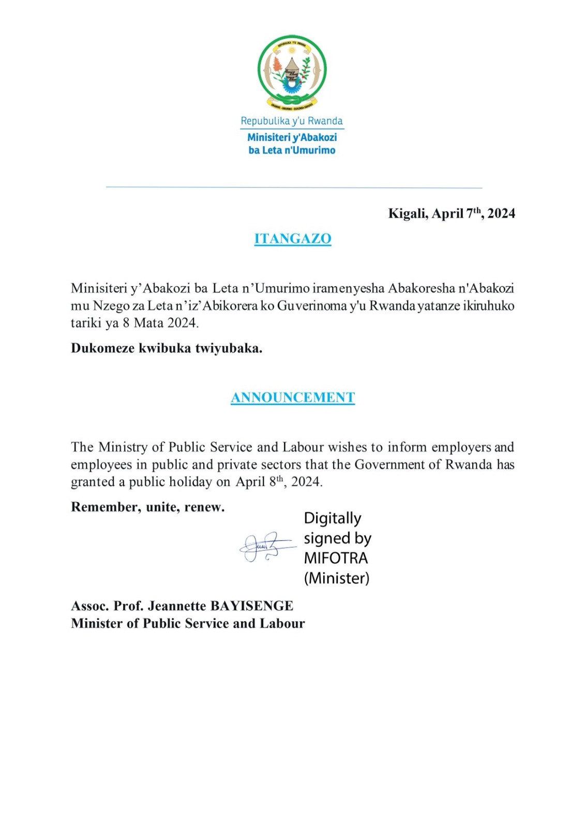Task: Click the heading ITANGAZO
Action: [x=293, y=239]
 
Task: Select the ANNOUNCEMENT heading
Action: [x=293, y=397]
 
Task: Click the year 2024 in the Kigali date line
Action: [x=501, y=213]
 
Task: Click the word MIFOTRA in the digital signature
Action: [x=336, y=558]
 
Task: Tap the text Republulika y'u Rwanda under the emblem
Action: [x=292, y=121]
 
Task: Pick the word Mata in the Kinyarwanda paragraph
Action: [x=147, y=323]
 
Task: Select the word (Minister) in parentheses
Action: [x=337, y=578]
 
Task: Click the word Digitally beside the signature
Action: [x=333, y=518]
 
